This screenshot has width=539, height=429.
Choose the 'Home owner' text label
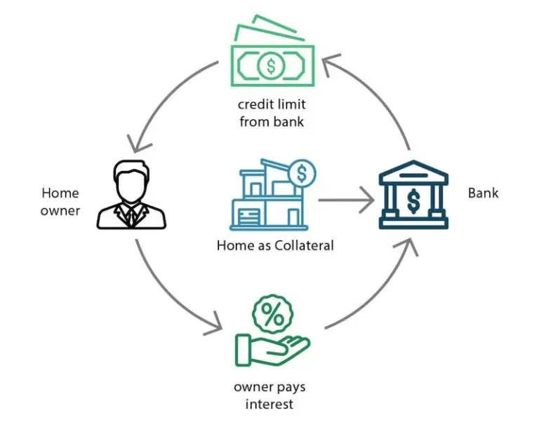pyautogui.click(x=60, y=201)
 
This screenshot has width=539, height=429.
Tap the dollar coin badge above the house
pyautogui.click(x=302, y=171)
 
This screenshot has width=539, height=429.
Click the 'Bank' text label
pyautogui.click(x=483, y=192)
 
